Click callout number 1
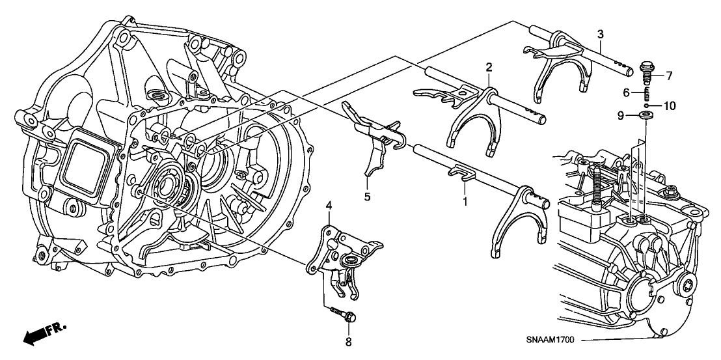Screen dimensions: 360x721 tap(465, 201)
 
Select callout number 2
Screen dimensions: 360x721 tap(488, 66)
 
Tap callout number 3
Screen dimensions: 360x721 tap(600, 34)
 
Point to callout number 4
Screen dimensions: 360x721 tap(329, 206)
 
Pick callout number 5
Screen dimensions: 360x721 tap(367, 195)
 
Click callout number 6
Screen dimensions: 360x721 tap(626, 92)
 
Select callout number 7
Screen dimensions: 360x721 tap(669, 76)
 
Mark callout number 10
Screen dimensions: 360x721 tap(670, 104)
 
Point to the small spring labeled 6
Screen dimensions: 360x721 tap(646, 92)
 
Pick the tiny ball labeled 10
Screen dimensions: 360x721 tap(647, 104)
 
